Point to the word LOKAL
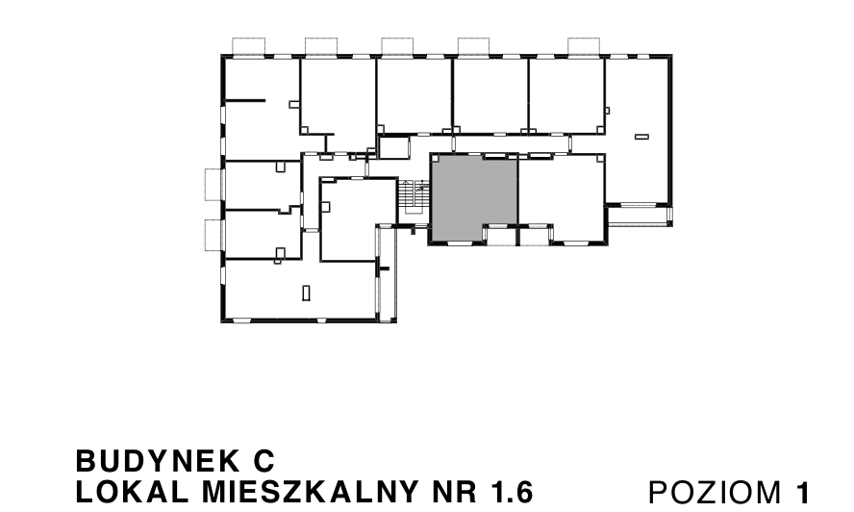click(x=122, y=491)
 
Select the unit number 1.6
click(x=511, y=491)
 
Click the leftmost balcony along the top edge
click(x=251, y=46)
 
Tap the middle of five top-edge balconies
click(x=396, y=46)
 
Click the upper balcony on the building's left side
click(x=213, y=183)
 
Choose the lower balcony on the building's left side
click(x=213, y=234)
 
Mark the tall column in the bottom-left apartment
click(x=306, y=292)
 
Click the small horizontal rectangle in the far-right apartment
click(x=642, y=138)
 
